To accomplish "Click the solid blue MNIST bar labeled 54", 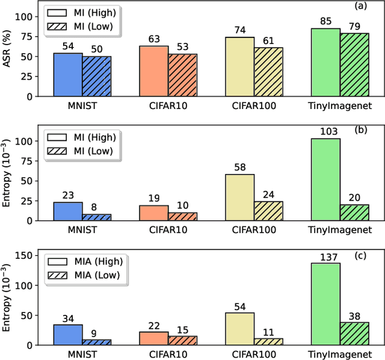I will point(68,75).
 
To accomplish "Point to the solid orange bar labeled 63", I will point(154,71).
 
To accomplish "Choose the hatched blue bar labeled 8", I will point(96,217).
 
